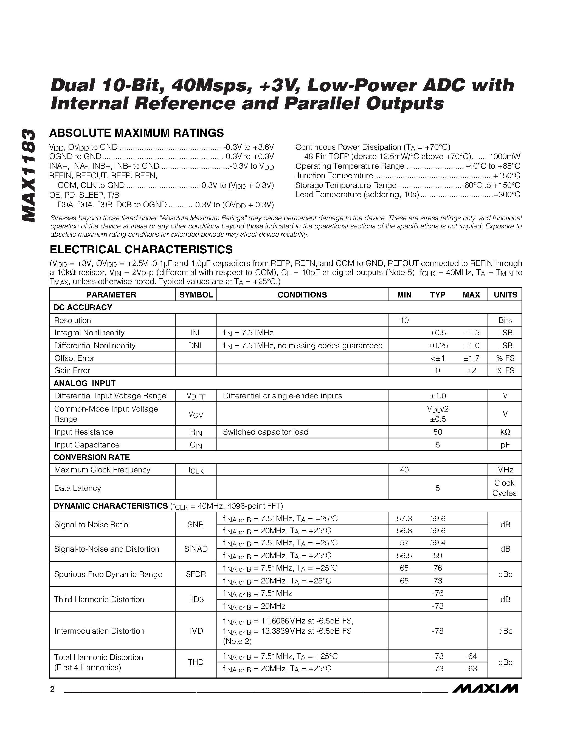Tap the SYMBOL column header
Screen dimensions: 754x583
(x=196, y=294)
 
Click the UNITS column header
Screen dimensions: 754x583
(x=505, y=294)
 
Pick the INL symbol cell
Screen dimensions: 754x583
(x=196, y=333)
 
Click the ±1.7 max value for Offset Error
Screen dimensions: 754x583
(x=471, y=358)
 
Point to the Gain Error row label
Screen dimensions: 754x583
(x=72, y=370)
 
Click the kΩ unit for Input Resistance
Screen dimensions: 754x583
(x=505, y=432)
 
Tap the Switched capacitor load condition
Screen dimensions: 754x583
(x=265, y=432)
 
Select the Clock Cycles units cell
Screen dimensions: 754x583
(x=504, y=488)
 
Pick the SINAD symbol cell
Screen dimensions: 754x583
(x=196, y=549)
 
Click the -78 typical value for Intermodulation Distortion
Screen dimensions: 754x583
(x=437, y=631)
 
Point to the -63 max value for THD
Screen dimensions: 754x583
(x=471, y=669)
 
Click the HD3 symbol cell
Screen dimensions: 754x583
(x=196, y=599)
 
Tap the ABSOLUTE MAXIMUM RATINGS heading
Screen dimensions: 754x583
(x=137, y=133)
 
